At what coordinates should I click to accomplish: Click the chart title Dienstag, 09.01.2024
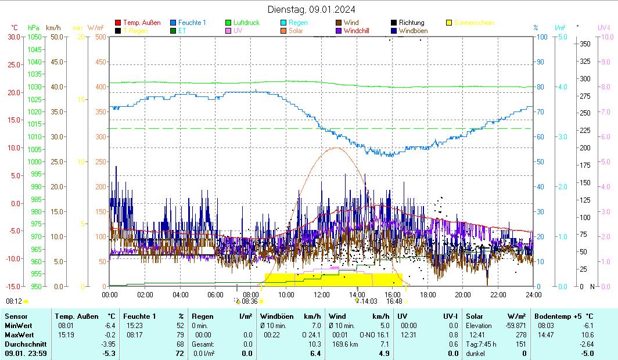click(312, 9)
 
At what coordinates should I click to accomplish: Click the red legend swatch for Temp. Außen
click(118, 23)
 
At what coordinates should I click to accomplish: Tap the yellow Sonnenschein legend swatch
click(450, 23)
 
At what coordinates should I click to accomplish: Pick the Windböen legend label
click(413, 31)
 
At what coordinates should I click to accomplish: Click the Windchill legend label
click(360, 31)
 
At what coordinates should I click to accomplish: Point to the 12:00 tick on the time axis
click(322, 294)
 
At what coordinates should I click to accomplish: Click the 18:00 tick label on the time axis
click(427, 294)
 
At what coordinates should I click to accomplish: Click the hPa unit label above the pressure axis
click(34, 27)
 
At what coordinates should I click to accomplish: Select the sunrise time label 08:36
click(249, 301)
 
